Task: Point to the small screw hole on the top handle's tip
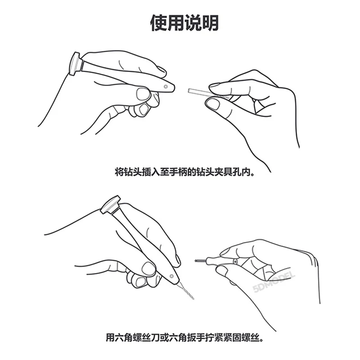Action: point(166,84)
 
